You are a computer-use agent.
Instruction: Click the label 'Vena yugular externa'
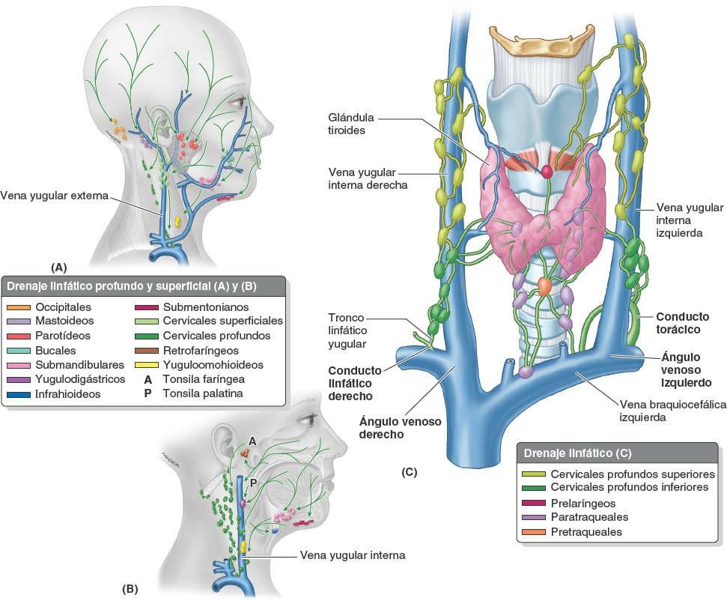55,196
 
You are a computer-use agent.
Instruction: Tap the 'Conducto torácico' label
681,322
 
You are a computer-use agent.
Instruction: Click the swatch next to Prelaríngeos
532,503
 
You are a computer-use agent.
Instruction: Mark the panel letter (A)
58,267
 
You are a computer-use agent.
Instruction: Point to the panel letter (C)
409,472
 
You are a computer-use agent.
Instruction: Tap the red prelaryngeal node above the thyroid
547,171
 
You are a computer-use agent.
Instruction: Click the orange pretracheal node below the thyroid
544,286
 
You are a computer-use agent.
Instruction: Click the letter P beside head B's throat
253,484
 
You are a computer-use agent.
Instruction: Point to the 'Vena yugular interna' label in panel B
352,555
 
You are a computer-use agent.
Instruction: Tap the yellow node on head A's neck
178,222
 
